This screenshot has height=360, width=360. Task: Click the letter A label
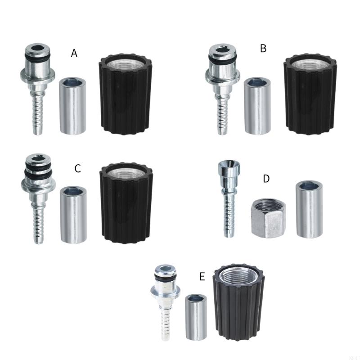point(74,54)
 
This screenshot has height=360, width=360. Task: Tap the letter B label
point(263,49)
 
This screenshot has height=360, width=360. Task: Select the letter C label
point(77,169)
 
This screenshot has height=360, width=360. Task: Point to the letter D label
point(266,179)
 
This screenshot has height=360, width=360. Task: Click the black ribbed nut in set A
point(125,94)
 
